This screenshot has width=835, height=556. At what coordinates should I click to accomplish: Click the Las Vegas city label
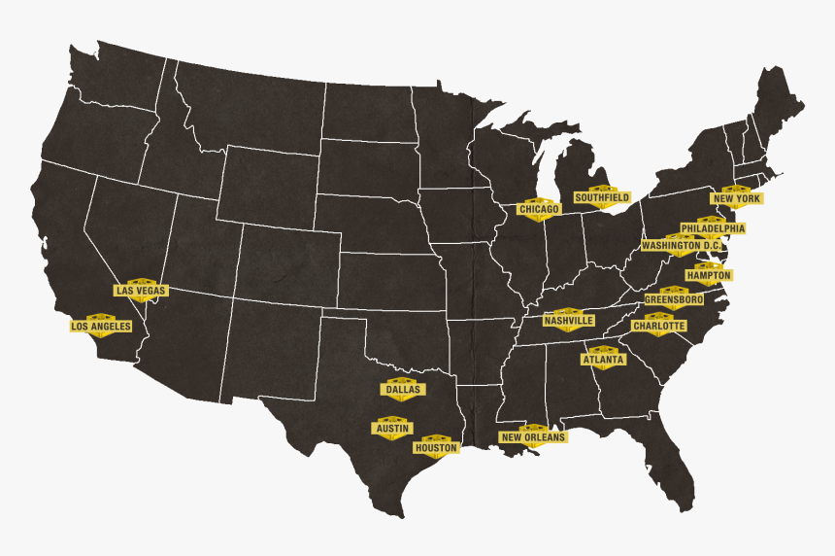click(x=141, y=290)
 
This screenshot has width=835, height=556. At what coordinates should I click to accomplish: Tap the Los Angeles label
click(x=100, y=327)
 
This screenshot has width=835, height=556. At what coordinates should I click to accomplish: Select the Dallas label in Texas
click(x=403, y=389)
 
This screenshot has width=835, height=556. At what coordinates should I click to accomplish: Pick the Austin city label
click(x=392, y=428)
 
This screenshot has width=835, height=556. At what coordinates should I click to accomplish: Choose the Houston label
click(x=436, y=448)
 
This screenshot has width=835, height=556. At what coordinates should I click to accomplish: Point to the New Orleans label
click(x=533, y=437)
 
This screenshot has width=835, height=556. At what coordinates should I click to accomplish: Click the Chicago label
click(x=539, y=209)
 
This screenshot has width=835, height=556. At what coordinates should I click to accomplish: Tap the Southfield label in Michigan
click(x=602, y=197)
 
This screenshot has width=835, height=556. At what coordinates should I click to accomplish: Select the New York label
click(x=736, y=198)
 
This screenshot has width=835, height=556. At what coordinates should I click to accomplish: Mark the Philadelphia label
click(x=713, y=228)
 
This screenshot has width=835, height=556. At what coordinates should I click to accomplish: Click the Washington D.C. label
click(x=681, y=246)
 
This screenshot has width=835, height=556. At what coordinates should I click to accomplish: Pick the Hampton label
click(x=709, y=275)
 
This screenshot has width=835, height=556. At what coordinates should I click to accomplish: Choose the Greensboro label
click(x=674, y=299)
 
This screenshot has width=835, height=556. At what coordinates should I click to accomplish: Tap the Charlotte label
click(x=658, y=327)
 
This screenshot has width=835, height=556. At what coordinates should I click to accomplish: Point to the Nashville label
click(x=569, y=320)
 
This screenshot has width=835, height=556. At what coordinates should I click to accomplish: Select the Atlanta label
click(x=604, y=359)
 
